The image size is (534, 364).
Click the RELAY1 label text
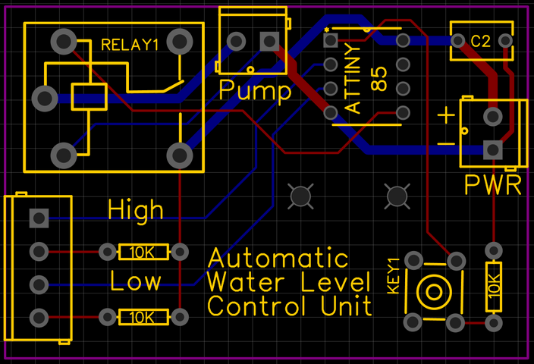(x=130, y=45)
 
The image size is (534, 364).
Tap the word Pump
(x=254, y=92)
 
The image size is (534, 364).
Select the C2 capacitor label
(x=481, y=41)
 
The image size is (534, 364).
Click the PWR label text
(x=492, y=185)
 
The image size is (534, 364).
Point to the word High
(x=136, y=209)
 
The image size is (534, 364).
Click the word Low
(x=136, y=281)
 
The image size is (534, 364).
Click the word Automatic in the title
(x=278, y=258)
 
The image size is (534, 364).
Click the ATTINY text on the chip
(x=354, y=78)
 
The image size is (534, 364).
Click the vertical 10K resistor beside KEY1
(x=494, y=287)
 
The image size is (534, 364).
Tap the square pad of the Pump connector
(x=268, y=40)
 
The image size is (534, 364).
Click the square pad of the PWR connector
(x=494, y=151)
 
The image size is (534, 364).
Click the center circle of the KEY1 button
(x=433, y=291)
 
